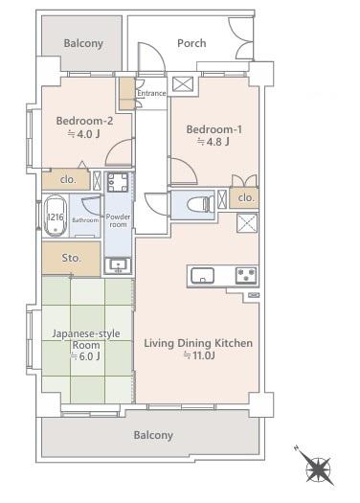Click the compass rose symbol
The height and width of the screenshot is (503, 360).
click(x=318, y=469)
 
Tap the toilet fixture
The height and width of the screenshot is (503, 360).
click(x=200, y=203)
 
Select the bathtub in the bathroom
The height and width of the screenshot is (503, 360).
click(x=56, y=216)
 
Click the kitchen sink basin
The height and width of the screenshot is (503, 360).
click(x=203, y=276)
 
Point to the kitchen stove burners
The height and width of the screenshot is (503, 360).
click(x=246, y=275)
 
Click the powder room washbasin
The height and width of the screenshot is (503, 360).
click(x=118, y=265)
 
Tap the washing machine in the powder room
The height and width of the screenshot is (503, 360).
click(x=118, y=183)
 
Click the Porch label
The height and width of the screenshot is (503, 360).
click(x=191, y=43)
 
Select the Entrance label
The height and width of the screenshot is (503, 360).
click(x=151, y=93)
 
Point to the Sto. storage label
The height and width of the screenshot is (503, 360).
click(x=71, y=258)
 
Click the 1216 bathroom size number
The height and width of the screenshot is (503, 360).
click(x=56, y=217)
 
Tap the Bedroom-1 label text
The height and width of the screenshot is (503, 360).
click(x=214, y=129)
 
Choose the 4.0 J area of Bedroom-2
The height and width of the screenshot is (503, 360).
click(x=84, y=133)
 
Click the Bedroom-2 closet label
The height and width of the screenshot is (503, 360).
click(x=68, y=180)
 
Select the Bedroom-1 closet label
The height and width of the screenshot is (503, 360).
click(x=246, y=197)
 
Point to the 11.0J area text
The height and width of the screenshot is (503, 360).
click(x=199, y=355)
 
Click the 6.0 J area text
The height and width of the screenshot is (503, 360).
click(x=85, y=356)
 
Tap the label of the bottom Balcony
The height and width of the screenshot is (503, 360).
click(x=153, y=435)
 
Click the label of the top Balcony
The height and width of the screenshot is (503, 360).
click(x=83, y=43)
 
